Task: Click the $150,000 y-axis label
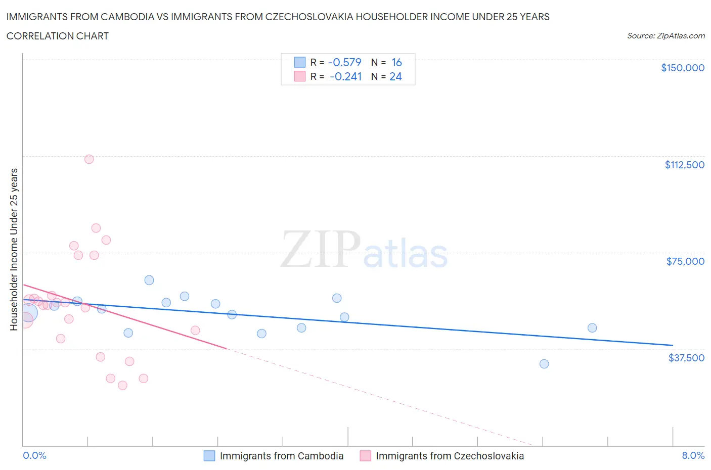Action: pyautogui.click(x=682, y=68)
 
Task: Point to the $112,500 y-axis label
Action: pyautogui.click(x=684, y=165)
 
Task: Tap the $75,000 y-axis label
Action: pyautogui.click(x=685, y=261)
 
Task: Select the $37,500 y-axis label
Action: pyautogui.click(x=686, y=358)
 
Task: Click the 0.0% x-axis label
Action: pyautogui.click(x=34, y=455)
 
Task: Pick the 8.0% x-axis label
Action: pyautogui.click(x=693, y=455)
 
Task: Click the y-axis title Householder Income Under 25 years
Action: pyautogui.click(x=14, y=249)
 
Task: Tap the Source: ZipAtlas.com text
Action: pyautogui.click(x=665, y=36)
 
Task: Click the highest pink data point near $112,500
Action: pyautogui.click(x=89, y=159)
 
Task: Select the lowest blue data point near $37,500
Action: pyautogui.click(x=544, y=364)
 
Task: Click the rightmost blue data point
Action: pyautogui.click(x=592, y=328)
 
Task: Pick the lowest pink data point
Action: pyautogui.click(x=122, y=386)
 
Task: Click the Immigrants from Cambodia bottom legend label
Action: pyautogui.click(x=281, y=456)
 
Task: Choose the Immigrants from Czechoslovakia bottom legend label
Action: pyautogui.click(x=450, y=456)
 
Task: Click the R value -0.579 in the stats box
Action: pyautogui.click(x=345, y=62)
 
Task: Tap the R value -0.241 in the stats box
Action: pyautogui.click(x=345, y=76)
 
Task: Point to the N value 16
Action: pyautogui.click(x=396, y=62)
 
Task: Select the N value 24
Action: pyautogui.click(x=395, y=76)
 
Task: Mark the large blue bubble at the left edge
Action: pyautogui.click(x=27, y=313)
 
